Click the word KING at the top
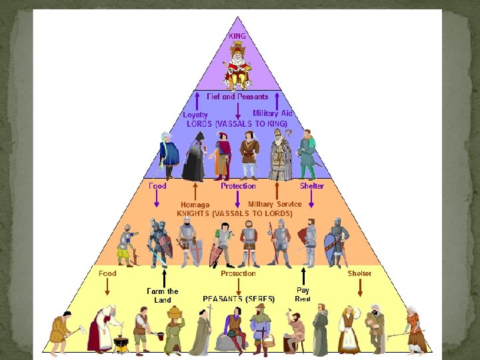(237, 36)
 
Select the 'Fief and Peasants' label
(237, 97)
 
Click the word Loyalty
(195, 115)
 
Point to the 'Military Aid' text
(272, 113)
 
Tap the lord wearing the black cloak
(195, 157)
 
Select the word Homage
(195, 205)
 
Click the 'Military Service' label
(275, 204)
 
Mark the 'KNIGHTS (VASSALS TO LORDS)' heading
(234, 213)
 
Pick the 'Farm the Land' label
(163, 295)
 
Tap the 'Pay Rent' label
(303, 295)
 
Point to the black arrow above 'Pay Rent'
(303, 276)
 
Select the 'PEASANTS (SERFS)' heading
(239, 299)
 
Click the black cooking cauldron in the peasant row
(121, 344)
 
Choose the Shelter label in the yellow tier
(359, 273)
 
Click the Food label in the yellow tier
(107, 273)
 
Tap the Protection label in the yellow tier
(238, 273)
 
